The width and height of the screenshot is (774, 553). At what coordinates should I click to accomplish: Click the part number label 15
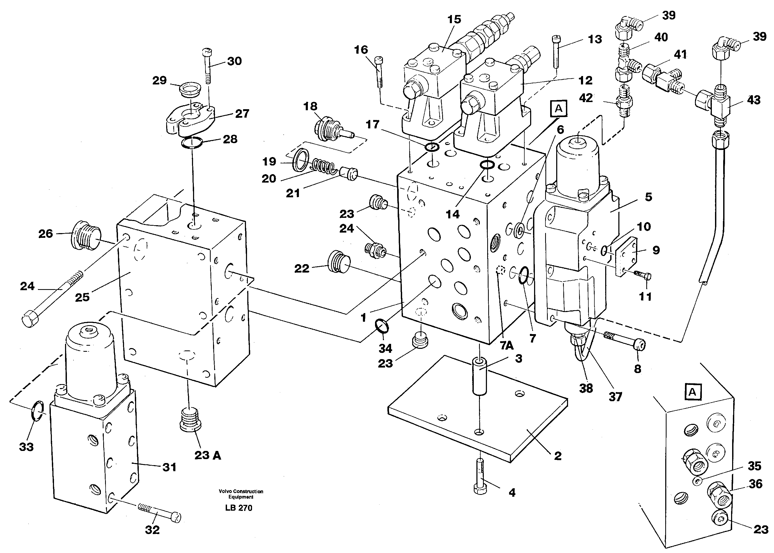tap(454, 19)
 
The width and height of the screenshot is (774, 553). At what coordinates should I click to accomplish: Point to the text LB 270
tap(239, 508)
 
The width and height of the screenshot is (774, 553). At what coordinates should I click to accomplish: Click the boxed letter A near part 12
tap(558, 109)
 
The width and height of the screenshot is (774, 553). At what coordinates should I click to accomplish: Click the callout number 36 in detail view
tap(755, 484)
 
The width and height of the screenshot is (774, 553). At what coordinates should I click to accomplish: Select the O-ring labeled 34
tap(382, 326)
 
